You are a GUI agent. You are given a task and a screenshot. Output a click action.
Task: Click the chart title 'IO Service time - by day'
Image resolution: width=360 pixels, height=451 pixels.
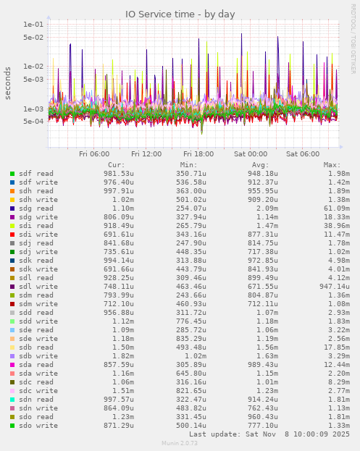click(180, 14)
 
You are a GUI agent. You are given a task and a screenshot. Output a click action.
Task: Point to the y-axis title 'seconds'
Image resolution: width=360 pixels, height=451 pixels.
click(9, 83)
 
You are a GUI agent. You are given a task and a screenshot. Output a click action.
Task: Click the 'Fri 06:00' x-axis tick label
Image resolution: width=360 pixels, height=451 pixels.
click(94, 153)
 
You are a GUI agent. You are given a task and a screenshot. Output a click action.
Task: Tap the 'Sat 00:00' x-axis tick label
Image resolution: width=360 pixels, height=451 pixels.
click(251, 153)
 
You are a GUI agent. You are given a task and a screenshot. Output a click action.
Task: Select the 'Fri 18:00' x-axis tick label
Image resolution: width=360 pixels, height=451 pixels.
click(198, 153)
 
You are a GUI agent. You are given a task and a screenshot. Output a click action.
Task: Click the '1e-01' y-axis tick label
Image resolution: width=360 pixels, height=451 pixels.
click(33, 24)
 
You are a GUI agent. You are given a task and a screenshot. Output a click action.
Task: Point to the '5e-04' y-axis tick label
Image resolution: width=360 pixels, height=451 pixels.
click(33, 122)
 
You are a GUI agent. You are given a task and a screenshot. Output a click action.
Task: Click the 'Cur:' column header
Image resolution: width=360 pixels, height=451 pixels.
click(116, 165)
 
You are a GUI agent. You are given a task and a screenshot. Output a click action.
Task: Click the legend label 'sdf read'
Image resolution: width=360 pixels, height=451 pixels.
click(35, 174)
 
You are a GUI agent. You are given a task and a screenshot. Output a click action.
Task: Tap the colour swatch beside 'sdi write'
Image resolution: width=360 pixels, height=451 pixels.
click(12, 235)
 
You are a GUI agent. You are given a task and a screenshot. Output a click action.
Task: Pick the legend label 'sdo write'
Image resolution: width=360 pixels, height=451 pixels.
click(38, 426)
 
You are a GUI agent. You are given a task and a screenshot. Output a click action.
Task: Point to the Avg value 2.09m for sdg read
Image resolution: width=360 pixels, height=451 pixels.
click(267, 208)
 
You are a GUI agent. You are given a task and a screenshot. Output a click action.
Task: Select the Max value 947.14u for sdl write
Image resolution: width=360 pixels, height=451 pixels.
click(334, 287)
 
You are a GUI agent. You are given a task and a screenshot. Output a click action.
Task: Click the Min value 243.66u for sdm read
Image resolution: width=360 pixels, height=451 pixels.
click(192, 295)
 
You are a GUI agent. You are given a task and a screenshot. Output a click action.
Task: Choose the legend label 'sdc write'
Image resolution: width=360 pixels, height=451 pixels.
click(38, 391)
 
